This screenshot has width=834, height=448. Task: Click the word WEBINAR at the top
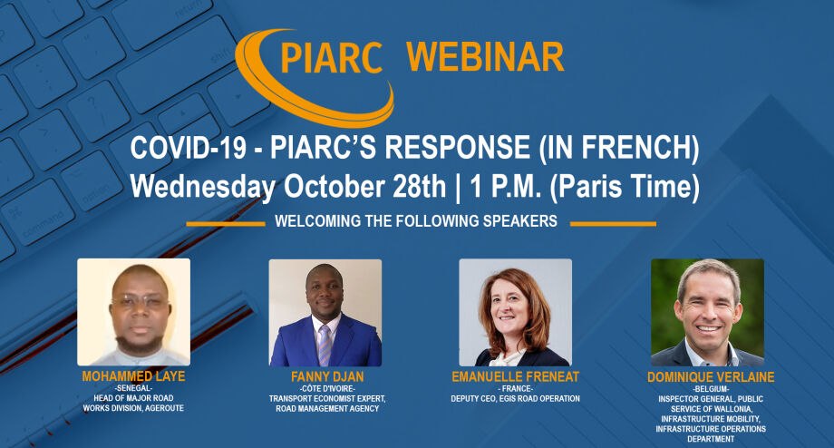point(485,57)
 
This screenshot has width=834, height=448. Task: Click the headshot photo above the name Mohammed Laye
point(133,311)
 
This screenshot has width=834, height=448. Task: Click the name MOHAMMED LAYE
point(134,375)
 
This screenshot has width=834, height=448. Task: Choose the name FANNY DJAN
point(325,375)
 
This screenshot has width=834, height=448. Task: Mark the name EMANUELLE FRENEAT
point(515,375)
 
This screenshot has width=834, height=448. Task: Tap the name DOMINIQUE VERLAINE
point(707,375)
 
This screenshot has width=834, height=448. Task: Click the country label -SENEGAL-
point(133,387)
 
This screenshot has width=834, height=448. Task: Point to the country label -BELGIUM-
point(706,387)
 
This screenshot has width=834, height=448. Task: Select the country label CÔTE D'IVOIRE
point(325,387)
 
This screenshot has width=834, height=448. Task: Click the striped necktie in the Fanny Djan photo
point(325,345)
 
